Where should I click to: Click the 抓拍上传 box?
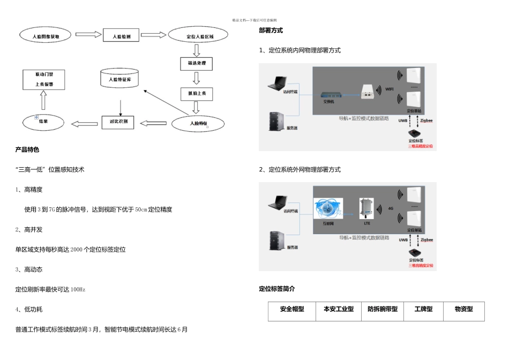(197, 94)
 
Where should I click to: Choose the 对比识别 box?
(118, 123)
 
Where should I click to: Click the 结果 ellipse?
(44, 123)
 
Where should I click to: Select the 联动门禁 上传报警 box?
(43, 79)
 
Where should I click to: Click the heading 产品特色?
(27, 149)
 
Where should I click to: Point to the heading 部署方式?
(271, 31)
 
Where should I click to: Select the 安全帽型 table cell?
(292, 310)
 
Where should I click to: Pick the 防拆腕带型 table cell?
(383, 310)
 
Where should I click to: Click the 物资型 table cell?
(463, 310)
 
